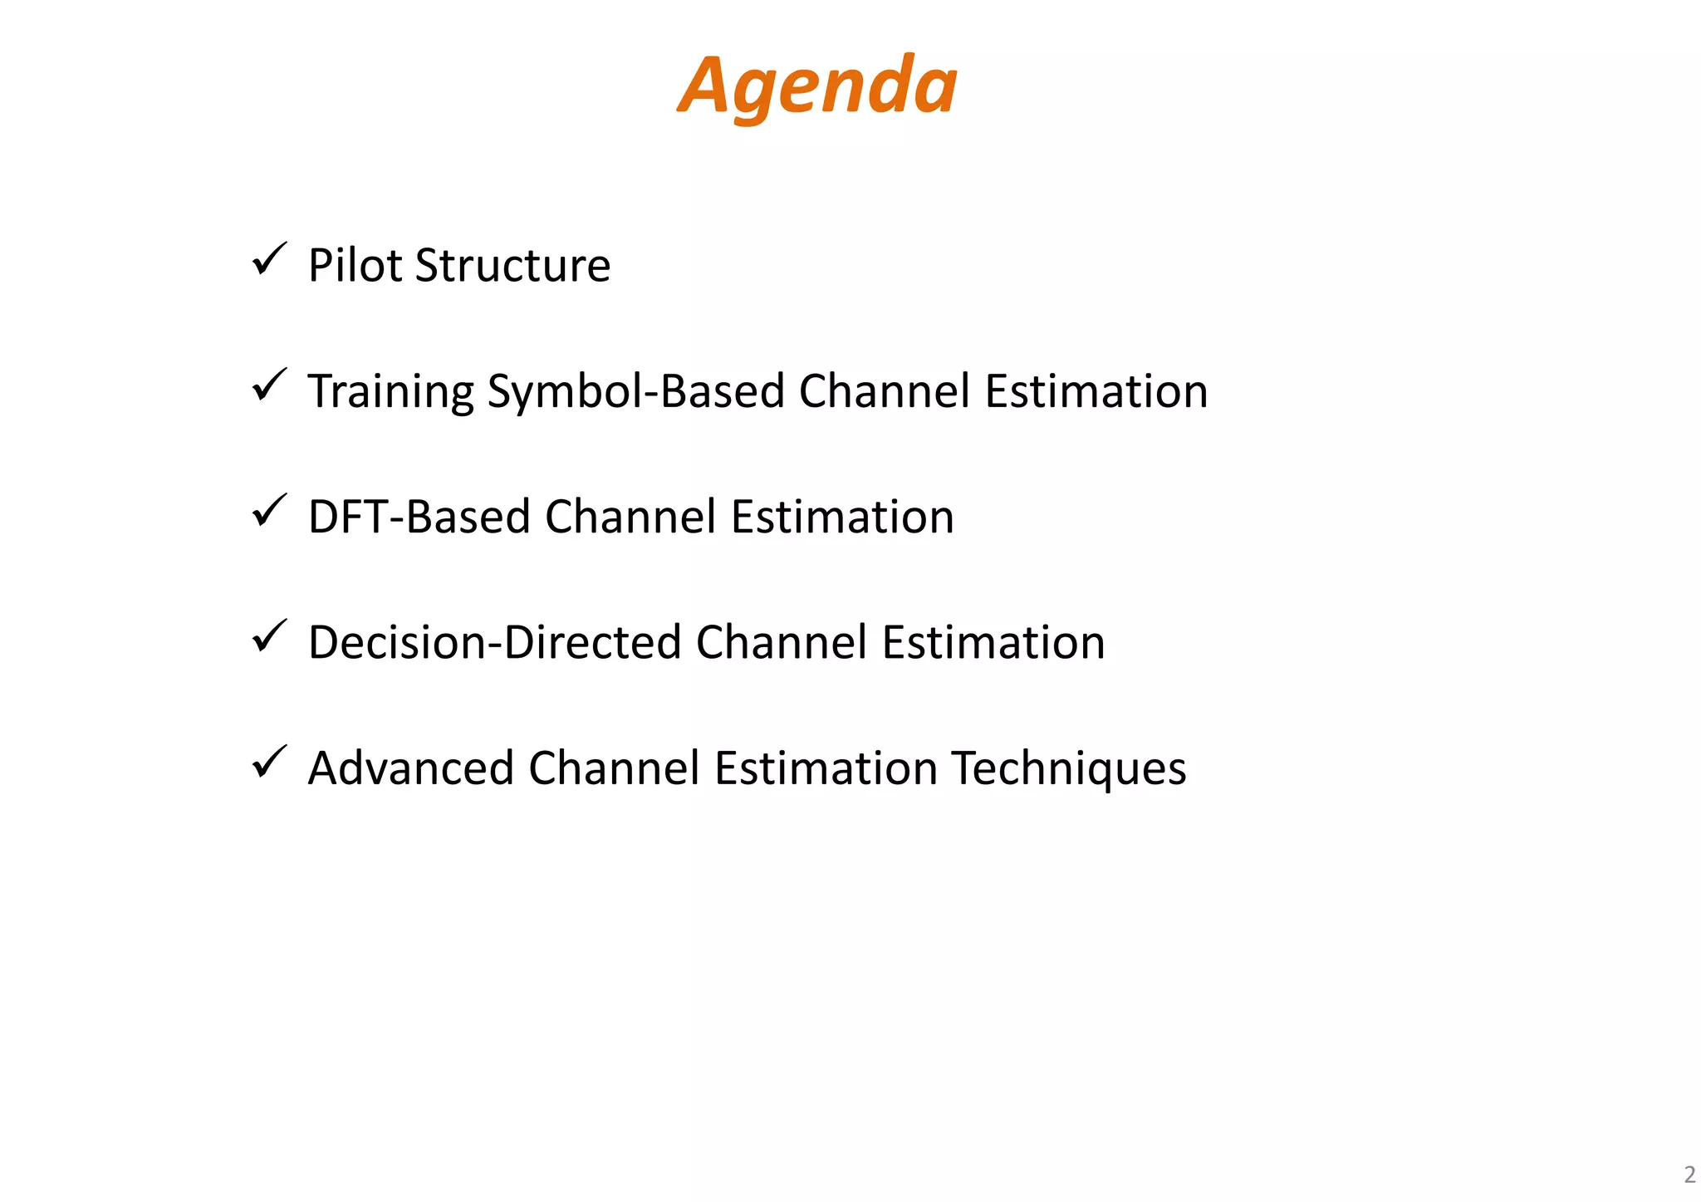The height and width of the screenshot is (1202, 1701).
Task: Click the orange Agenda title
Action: (817, 86)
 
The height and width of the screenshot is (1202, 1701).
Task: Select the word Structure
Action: (512, 266)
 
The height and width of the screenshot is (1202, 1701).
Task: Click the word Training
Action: (390, 391)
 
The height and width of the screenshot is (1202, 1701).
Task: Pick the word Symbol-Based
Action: (635, 391)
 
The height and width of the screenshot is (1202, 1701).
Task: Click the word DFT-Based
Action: (419, 517)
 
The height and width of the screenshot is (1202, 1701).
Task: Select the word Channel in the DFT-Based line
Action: (630, 517)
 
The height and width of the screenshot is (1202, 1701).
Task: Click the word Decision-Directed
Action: (494, 642)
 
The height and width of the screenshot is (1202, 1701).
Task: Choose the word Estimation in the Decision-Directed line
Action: (993, 642)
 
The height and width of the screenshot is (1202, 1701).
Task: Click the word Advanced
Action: (410, 768)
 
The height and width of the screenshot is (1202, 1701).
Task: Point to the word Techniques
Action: (1069, 768)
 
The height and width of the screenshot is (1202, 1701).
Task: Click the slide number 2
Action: (1689, 1174)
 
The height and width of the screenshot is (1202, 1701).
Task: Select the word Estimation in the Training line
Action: (1096, 391)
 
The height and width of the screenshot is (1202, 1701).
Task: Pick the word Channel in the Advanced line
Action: (614, 768)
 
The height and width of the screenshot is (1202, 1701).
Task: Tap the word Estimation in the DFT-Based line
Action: (842, 517)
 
